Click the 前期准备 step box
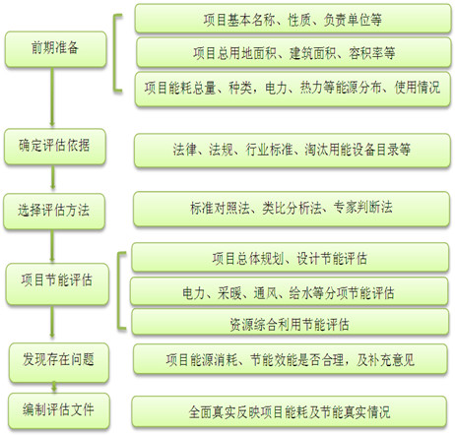coord(56,49)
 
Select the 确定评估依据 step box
coord(55,147)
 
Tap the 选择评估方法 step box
coord(54,211)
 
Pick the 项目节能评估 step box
coord(57,284)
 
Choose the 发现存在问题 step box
coord(59,362)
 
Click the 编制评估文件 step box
coord(59,410)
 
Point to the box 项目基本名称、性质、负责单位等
coord(293,19)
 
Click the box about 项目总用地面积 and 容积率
coord(293,52)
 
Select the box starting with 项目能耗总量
coord(292,89)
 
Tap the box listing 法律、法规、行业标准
coord(292,151)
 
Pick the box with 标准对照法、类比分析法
coord(292,209)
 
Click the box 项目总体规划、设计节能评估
coord(290,257)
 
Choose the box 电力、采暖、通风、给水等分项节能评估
coord(289,291)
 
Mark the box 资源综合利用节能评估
coord(290,322)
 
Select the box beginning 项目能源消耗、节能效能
coord(291,358)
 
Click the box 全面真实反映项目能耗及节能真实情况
coord(290,411)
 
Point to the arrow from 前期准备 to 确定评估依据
coord(52,97)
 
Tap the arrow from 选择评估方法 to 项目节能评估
coord(52,245)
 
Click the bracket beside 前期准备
coord(115,52)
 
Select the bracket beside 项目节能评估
coord(119,290)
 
